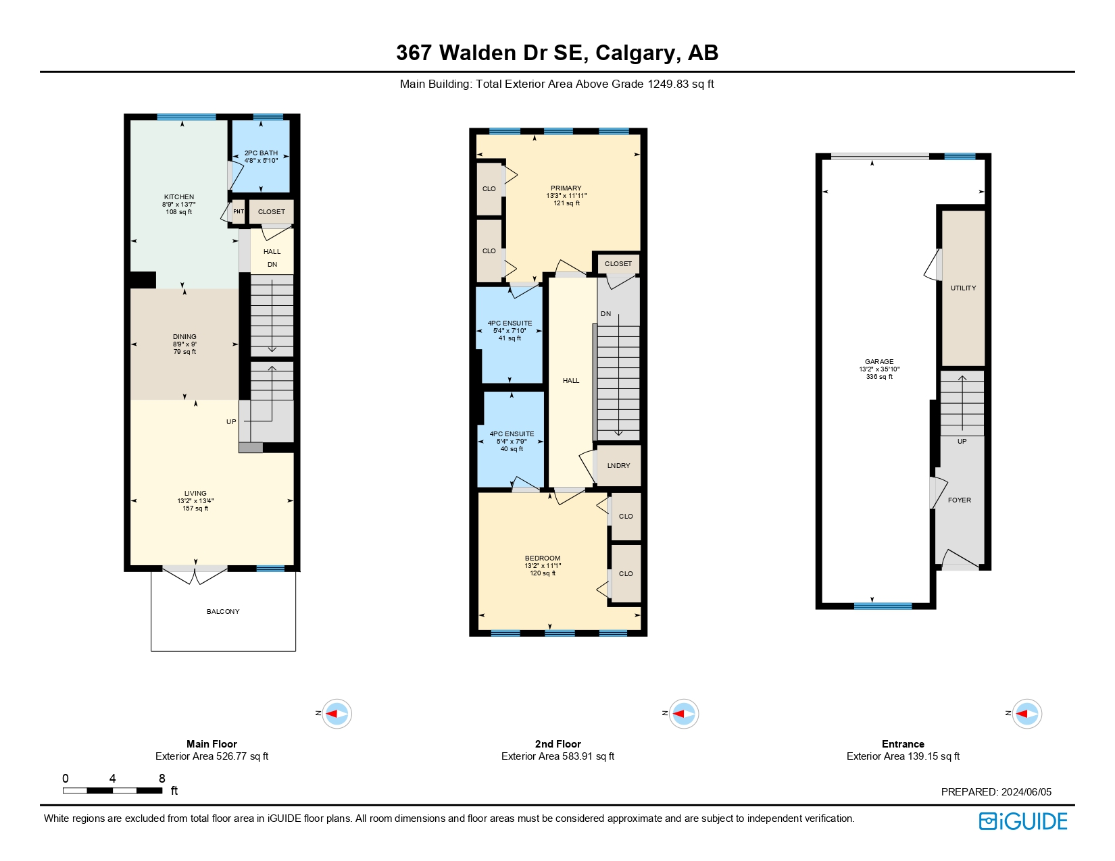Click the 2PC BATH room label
[261, 153]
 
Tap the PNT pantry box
[239, 211]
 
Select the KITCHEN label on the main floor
[179, 197]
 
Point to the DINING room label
[184, 337]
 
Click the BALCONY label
[223, 611]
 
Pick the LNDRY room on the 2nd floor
[619, 466]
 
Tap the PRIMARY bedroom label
[566, 188]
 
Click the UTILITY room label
[963, 288]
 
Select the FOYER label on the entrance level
[960, 500]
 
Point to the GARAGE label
[879, 361]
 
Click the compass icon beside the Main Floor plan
[337, 713]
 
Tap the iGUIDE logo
[1023, 822]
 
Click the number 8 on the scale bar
[162, 779]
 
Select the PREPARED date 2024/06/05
[1026, 791]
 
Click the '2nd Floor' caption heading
[557, 743]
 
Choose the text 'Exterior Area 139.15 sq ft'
[903, 756]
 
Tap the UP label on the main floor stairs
[231, 421]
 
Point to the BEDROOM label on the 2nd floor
[543, 558]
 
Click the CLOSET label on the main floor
[272, 212]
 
